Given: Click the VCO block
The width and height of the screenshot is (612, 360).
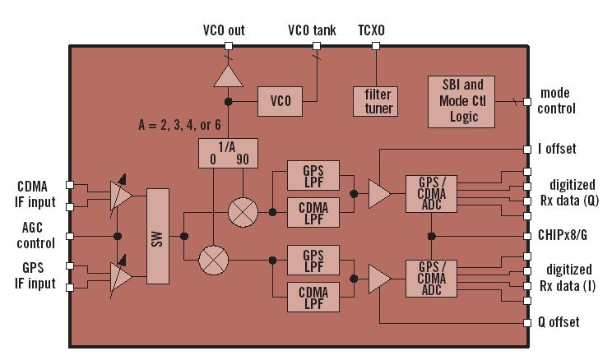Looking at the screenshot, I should point(280,101).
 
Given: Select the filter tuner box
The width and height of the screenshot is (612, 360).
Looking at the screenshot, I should point(378,101).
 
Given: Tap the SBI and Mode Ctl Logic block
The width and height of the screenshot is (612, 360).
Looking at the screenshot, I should point(462,101).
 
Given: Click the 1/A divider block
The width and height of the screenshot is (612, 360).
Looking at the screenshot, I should point(224,153).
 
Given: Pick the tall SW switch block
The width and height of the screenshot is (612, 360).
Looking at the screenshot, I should point(157,239).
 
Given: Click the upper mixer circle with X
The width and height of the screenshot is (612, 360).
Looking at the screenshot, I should point(242,211).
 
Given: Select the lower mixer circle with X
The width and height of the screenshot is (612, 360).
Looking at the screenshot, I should point(212,261).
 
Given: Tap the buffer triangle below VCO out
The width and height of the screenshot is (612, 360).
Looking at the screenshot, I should point(228,76).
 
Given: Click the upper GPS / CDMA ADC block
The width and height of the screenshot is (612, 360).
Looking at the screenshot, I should point(430,194).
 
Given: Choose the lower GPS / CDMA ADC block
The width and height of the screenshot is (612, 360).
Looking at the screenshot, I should point(430,277).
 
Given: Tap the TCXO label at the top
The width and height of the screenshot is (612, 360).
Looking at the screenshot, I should point(371,30).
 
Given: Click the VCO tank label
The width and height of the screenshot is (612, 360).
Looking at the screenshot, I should point(312,30).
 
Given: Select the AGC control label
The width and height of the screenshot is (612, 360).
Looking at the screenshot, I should point(35,236).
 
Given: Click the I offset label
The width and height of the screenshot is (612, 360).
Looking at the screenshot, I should point(558,149).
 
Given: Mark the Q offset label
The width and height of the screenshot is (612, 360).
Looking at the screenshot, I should point(559,322).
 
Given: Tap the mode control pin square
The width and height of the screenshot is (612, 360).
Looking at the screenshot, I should point(526,101).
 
